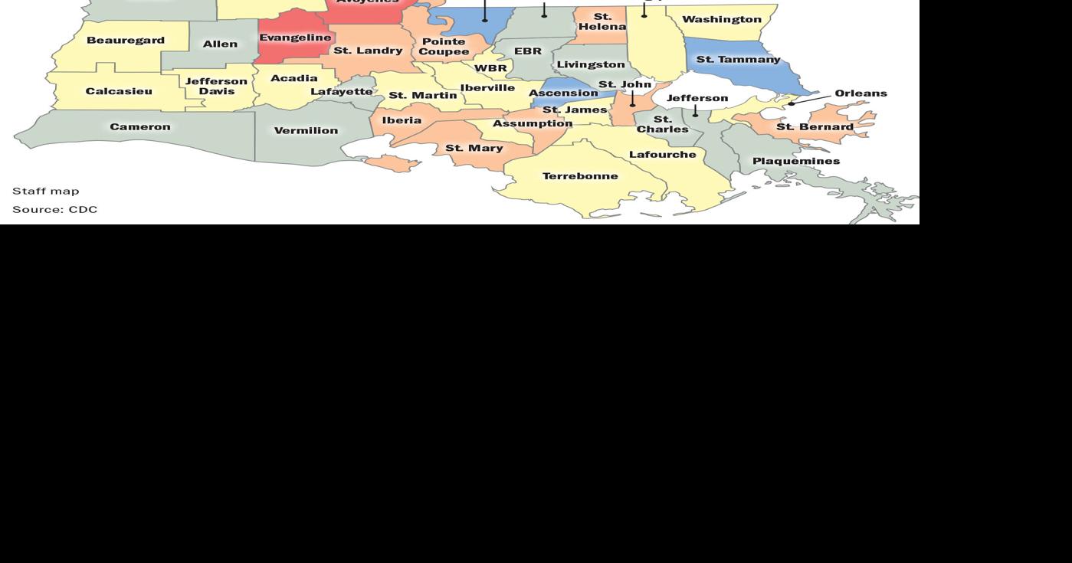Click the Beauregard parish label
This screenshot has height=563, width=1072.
click(x=125, y=40)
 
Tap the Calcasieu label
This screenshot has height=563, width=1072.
click(x=119, y=91)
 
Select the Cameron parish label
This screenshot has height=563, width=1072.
click(x=140, y=127)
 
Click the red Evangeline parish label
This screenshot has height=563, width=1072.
click(x=295, y=38)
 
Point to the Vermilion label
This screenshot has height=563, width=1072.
click(x=306, y=131)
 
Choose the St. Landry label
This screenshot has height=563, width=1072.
click(x=368, y=51)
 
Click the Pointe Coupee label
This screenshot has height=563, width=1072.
click(x=444, y=47)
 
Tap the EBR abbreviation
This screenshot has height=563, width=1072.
click(x=527, y=51)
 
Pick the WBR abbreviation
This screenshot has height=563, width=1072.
click(x=490, y=68)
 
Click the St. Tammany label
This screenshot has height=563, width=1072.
click(x=738, y=59)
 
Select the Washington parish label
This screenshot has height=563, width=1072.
click(x=721, y=19)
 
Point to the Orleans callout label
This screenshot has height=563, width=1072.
click(x=861, y=93)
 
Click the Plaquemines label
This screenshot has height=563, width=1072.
click(x=795, y=161)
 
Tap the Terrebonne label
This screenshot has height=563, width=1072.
click(x=580, y=176)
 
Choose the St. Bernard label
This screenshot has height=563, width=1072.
click(x=815, y=127)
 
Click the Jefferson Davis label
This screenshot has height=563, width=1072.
click(x=217, y=86)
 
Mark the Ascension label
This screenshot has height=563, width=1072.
click(x=563, y=93)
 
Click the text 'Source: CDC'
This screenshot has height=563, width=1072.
click(x=55, y=209)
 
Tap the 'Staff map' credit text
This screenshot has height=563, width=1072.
click(x=46, y=191)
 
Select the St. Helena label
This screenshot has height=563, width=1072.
click(x=602, y=21)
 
